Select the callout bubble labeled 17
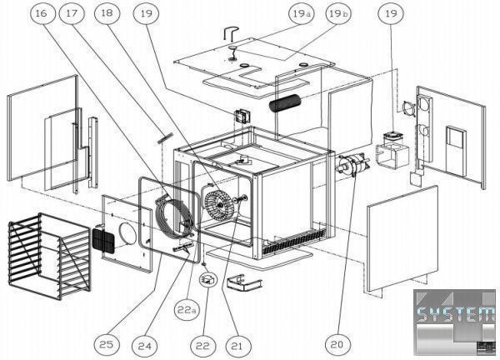click(x=72, y=13)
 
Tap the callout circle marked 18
click(x=107, y=13)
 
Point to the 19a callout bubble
click(x=302, y=13)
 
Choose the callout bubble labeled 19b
click(x=338, y=13)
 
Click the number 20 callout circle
click(x=337, y=344)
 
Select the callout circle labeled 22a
click(x=187, y=309)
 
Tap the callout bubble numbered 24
click(x=145, y=346)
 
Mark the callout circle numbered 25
click(x=107, y=344)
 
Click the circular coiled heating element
click(x=175, y=217)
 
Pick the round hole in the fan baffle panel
click(x=128, y=234)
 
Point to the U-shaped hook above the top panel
click(x=231, y=32)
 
